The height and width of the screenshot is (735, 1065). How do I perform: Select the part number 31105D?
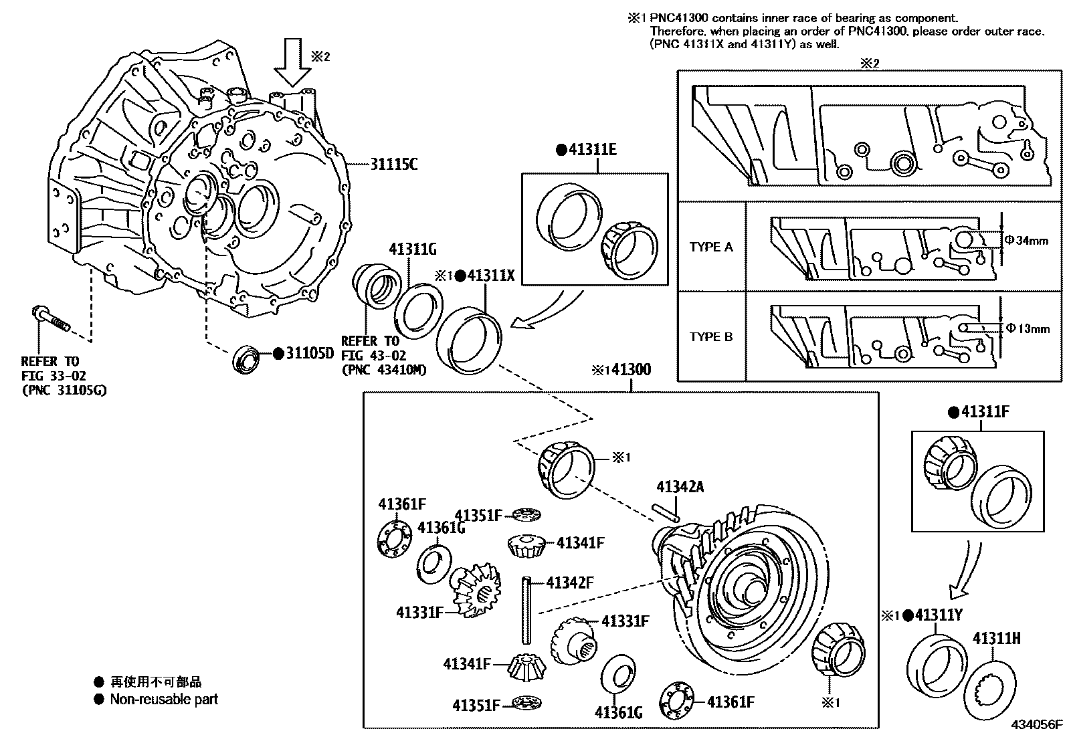tap(309, 354)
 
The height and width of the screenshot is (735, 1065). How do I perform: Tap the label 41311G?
tap(412, 249)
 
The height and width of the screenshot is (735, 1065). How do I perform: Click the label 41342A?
tap(680, 487)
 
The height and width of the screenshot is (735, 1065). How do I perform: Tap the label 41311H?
tap(996, 638)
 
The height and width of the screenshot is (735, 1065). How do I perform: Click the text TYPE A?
tap(711, 247)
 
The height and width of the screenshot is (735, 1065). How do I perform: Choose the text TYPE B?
tap(711, 336)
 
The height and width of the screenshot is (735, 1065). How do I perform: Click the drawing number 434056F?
tap(1036, 724)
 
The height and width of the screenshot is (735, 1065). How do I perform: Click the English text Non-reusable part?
tap(164, 700)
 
